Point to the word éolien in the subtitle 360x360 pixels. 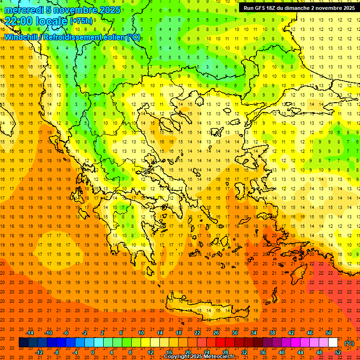tap(111, 37)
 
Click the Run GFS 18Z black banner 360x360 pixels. tap(299, 8)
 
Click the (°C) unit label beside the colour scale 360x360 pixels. tap(349, 343)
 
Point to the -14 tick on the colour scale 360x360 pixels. tap(30, 333)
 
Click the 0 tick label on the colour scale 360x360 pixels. tap(93, 352)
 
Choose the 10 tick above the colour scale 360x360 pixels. tap(141, 333)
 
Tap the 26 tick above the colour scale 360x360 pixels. tap(216, 333)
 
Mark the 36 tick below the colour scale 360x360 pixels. tap(263, 352)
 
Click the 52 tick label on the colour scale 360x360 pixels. tap(338, 352)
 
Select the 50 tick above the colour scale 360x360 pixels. tap(329, 333)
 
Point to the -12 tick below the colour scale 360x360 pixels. tap(39, 352)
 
